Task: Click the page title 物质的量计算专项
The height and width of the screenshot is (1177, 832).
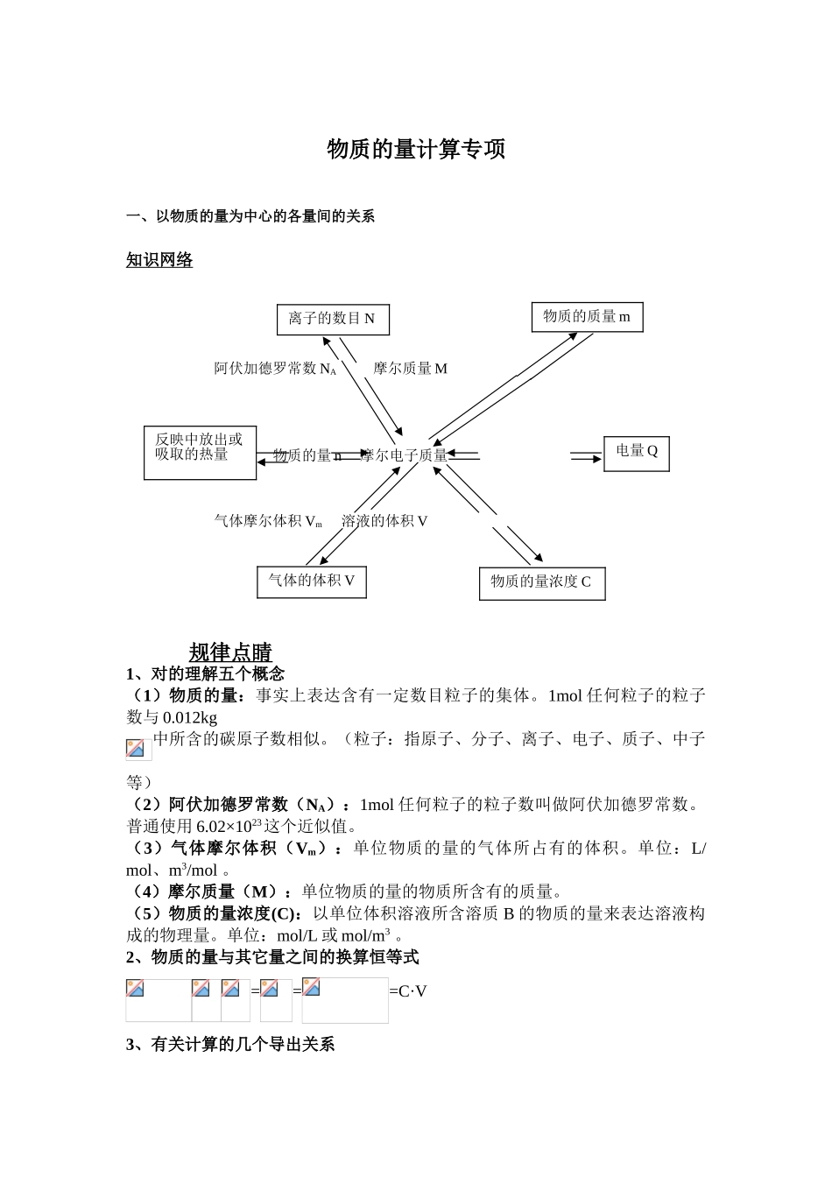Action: click(416, 150)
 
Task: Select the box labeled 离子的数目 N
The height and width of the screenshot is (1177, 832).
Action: click(333, 319)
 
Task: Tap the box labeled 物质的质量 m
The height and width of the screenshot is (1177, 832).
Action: click(587, 317)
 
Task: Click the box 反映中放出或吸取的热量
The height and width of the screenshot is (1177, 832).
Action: click(200, 452)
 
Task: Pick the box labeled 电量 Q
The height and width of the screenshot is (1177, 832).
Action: click(637, 452)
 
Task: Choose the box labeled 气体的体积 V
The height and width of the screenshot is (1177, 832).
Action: click(312, 581)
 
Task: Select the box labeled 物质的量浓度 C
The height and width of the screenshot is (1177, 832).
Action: click(542, 583)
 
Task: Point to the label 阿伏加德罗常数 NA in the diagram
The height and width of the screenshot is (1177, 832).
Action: click(275, 369)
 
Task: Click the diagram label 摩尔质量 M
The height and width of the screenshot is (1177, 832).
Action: click(410, 369)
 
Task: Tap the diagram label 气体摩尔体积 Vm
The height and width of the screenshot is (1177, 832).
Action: click(268, 521)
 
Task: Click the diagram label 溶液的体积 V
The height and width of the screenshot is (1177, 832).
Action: click(384, 521)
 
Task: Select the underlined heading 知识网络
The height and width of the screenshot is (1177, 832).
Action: click(159, 260)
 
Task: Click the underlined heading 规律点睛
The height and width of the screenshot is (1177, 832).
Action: click(230, 652)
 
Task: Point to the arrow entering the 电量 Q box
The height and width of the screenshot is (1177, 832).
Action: click(586, 456)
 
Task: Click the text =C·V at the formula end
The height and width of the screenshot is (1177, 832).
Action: click(408, 991)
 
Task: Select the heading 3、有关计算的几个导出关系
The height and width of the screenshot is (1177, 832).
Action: click(230, 1044)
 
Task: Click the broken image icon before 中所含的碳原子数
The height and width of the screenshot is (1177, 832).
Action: click(137, 748)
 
